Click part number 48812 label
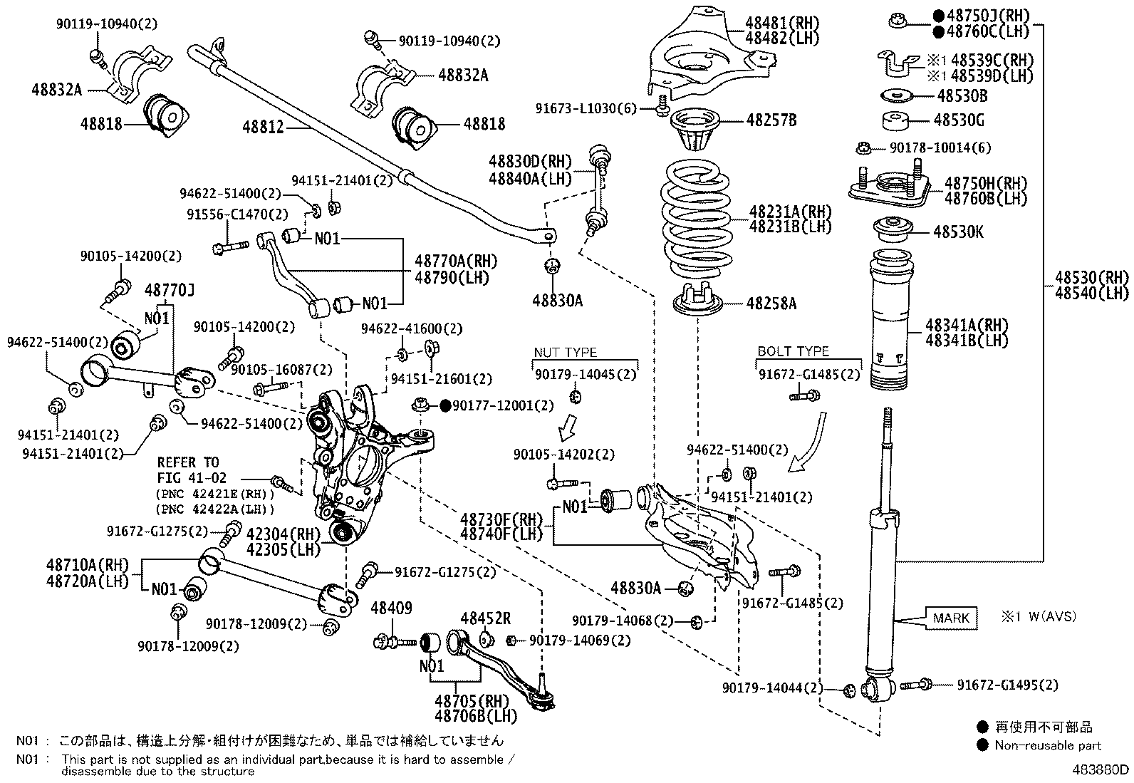(x=263, y=127)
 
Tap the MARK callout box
(x=951, y=618)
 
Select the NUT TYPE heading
(x=566, y=353)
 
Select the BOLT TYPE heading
(x=793, y=351)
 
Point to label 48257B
(x=771, y=120)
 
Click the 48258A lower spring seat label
(x=771, y=304)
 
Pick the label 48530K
(x=959, y=232)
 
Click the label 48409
(x=391, y=608)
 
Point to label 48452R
(x=486, y=618)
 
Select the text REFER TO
(x=188, y=462)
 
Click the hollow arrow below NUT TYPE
(x=568, y=428)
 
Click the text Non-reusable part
(x=1048, y=745)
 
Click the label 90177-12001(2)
(x=502, y=405)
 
